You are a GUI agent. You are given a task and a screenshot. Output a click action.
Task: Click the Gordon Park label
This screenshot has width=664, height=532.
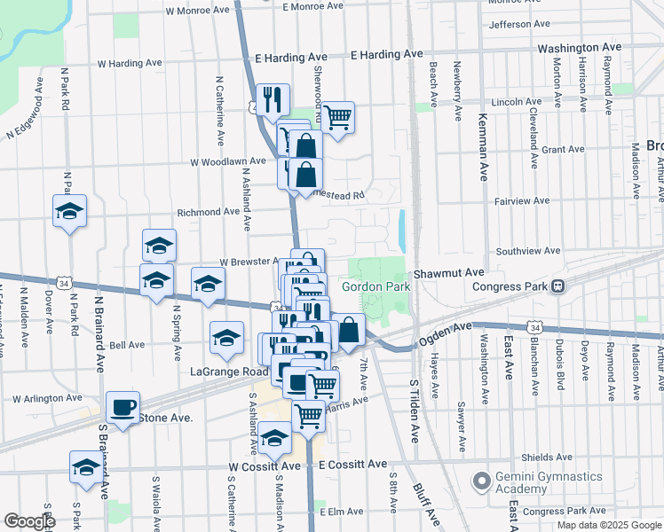click(375, 286)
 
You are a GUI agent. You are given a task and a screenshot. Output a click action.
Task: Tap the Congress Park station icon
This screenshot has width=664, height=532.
click(558, 286)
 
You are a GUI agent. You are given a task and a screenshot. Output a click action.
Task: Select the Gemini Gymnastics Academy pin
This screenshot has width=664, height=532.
click(481, 481)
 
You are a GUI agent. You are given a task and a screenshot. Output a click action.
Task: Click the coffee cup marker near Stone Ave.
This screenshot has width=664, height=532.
click(123, 408)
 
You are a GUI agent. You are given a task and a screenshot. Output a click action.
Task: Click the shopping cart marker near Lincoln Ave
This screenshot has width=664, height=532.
click(337, 115)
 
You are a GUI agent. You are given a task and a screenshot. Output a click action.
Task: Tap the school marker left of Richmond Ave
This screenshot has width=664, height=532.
click(69, 211)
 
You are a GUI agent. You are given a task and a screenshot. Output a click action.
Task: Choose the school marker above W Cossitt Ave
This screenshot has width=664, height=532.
click(274, 438)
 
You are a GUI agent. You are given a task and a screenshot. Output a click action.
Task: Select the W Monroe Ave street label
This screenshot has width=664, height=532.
click(198, 11)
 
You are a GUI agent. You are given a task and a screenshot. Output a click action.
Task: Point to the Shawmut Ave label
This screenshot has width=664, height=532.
click(448, 272)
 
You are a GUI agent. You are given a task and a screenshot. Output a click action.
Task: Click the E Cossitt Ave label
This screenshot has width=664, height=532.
click(352, 465)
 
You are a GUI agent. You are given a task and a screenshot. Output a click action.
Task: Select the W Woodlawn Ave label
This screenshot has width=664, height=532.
click(228, 161)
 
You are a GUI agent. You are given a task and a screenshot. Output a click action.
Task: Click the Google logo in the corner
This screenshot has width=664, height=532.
click(28, 521)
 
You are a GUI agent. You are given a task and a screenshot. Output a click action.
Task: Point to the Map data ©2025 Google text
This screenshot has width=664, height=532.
click(609, 525)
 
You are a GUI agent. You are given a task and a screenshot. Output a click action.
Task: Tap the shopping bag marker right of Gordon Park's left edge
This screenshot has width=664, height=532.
click(350, 330)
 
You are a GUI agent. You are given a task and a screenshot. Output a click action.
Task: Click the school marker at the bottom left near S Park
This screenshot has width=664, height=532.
click(85, 467)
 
